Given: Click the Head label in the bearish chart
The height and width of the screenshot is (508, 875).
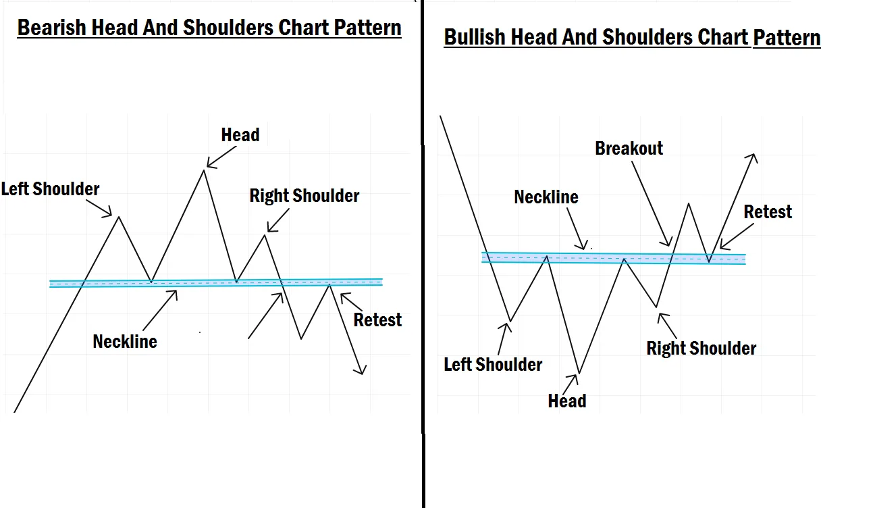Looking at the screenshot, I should point(240,135).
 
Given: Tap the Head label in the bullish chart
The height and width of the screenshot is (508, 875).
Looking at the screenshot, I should point(567,401).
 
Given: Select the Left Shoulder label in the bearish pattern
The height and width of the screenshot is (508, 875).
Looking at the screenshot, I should point(51,189).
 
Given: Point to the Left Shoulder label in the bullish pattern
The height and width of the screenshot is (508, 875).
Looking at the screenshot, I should point(493,365).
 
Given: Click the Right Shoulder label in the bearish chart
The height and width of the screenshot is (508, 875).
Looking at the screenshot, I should point(304,196).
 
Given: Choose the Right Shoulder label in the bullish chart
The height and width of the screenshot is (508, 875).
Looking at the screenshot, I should point(701,349).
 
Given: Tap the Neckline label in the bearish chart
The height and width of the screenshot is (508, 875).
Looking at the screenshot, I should point(125,342).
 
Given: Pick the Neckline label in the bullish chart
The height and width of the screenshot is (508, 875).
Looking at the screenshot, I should point(546,197).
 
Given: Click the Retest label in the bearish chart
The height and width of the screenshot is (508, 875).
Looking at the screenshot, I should point(377,320).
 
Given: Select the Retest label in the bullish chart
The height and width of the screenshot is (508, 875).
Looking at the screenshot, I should point(768,212).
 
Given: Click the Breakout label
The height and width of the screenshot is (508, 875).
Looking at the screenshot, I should point(629,149).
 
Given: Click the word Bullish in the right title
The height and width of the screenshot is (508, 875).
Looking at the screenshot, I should point(475,37).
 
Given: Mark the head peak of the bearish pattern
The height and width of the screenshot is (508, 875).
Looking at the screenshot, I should point(203,170).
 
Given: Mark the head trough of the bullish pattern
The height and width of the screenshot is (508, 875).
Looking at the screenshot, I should point(579,373).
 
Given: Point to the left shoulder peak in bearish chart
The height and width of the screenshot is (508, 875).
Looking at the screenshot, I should point(120,217).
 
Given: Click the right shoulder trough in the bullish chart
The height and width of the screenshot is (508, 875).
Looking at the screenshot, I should point(656,307).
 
